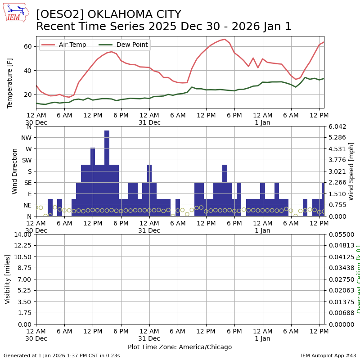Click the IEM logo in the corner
(16, 13)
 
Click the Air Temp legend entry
(66, 45)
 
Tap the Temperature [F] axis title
(10, 82)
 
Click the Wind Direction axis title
(15, 171)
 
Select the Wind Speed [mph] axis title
(351, 171)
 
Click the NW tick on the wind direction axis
(28, 138)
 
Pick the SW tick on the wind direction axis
(27, 160)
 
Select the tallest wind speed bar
(107, 173)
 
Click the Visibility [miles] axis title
(8, 279)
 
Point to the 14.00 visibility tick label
(23, 234)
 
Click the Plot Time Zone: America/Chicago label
(180, 347)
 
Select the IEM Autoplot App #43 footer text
(328, 355)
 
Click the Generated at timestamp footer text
(62, 355)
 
